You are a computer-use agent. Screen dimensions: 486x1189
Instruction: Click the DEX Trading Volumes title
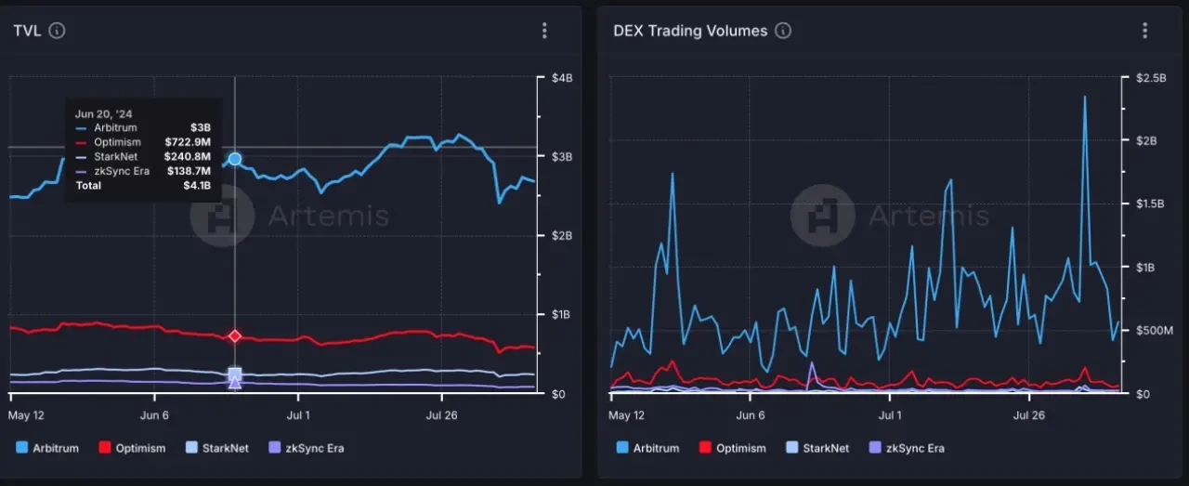tap(690, 31)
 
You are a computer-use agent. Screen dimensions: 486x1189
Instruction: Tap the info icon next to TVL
tap(57, 31)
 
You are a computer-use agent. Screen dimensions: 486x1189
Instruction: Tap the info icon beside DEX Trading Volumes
tap(783, 31)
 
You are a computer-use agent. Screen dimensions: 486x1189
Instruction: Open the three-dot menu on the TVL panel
tap(544, 31)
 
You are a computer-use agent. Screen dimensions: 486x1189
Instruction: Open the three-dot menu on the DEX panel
tap(1144, 31)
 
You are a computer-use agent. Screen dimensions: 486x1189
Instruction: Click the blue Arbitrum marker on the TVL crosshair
tap(235, 160)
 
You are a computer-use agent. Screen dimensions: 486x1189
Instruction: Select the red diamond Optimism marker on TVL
tap(235, 335)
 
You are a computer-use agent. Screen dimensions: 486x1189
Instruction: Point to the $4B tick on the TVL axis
tap(560, 79)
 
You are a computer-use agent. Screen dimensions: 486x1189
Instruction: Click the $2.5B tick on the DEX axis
tap(1152, 79)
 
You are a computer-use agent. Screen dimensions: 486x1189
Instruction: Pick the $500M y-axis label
tap(1156, 331)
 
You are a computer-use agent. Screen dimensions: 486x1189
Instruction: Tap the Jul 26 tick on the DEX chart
tap(1027, 415)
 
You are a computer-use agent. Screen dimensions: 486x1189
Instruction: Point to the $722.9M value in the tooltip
tap(189, 142)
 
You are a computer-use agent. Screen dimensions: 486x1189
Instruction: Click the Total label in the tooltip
tap(89, 186)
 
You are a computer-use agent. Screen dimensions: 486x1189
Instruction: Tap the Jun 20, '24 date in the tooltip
tap(103, 113)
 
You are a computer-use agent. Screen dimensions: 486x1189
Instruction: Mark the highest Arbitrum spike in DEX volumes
tap(1084, 97)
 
